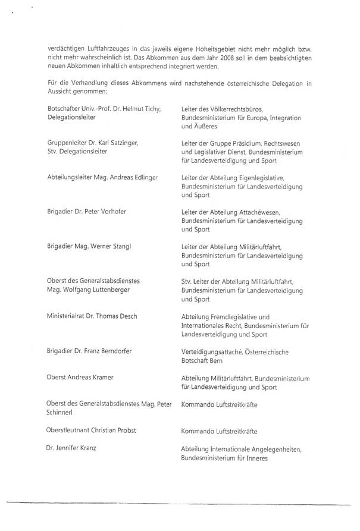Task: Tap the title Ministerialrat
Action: [67, 317]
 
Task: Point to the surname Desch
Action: [126, 317]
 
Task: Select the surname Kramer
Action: [101, 378]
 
